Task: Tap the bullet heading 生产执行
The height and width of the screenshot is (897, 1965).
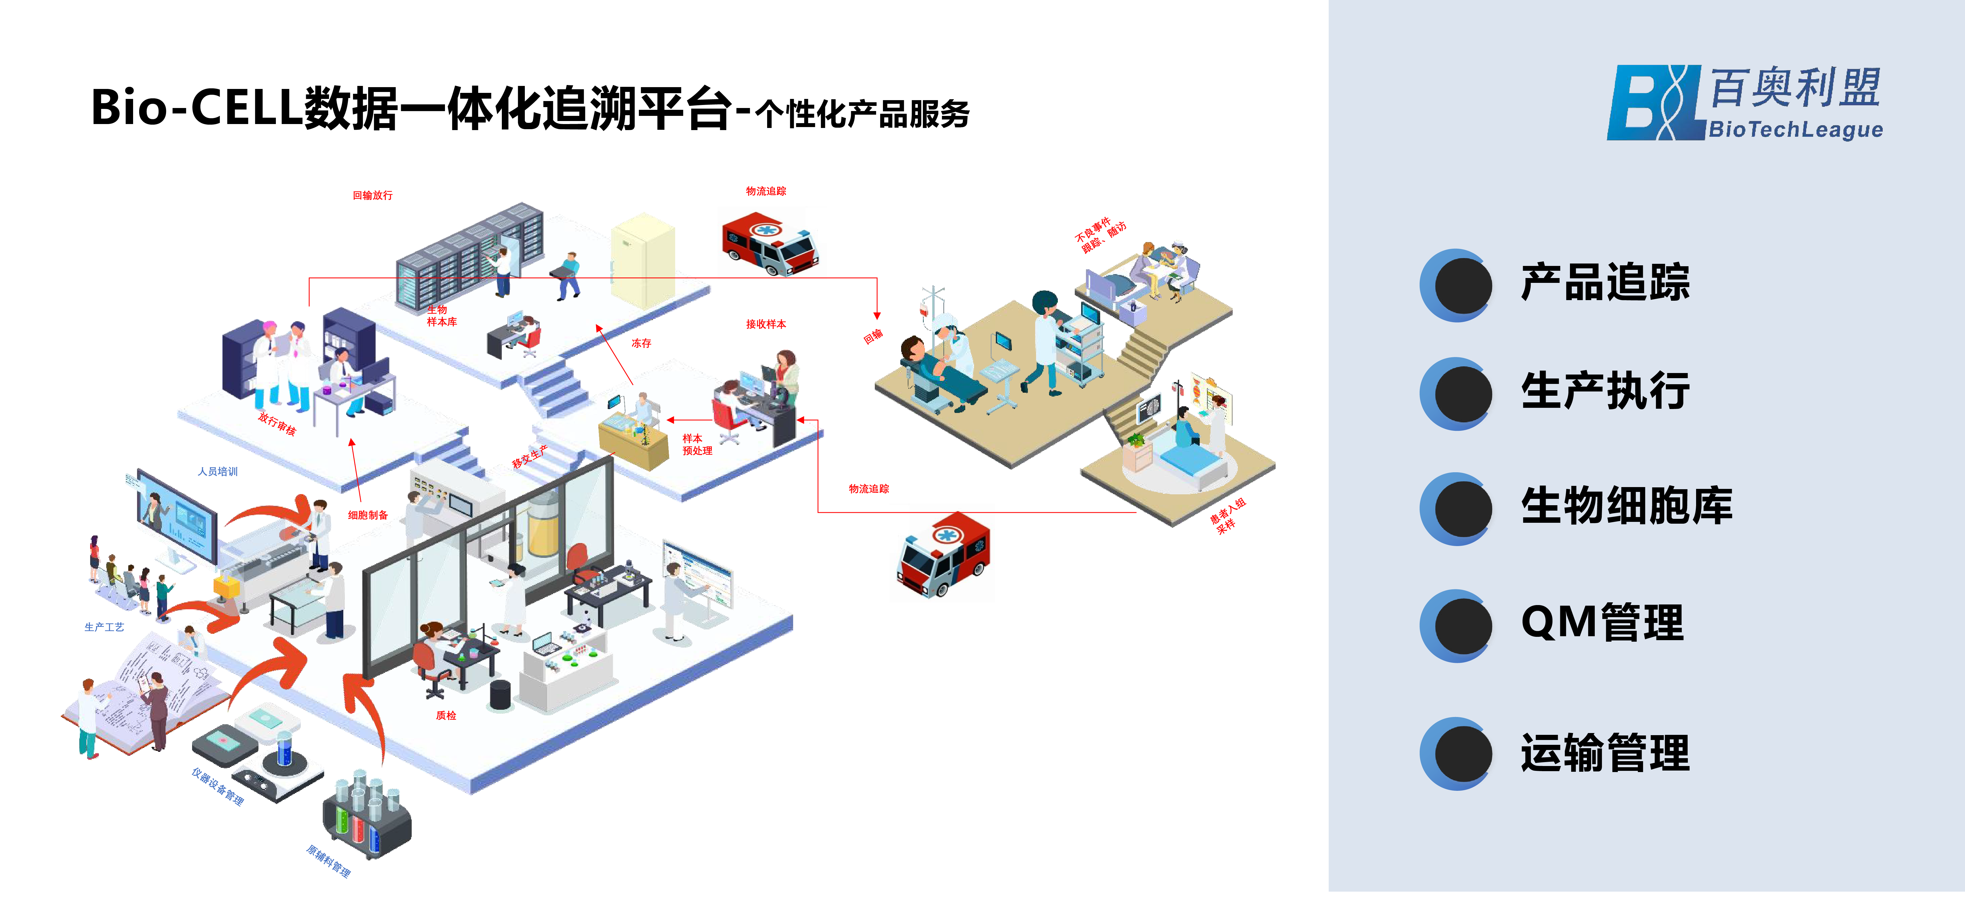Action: click(x=1605, y=391)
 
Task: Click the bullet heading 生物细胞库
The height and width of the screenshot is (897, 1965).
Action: click(x=1626, y=506)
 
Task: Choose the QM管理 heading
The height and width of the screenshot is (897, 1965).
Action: click(x=1602, y=623)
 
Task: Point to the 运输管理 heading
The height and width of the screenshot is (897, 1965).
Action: click(x=1605, y=754)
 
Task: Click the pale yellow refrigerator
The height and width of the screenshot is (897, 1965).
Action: click(x=643, y=259)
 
